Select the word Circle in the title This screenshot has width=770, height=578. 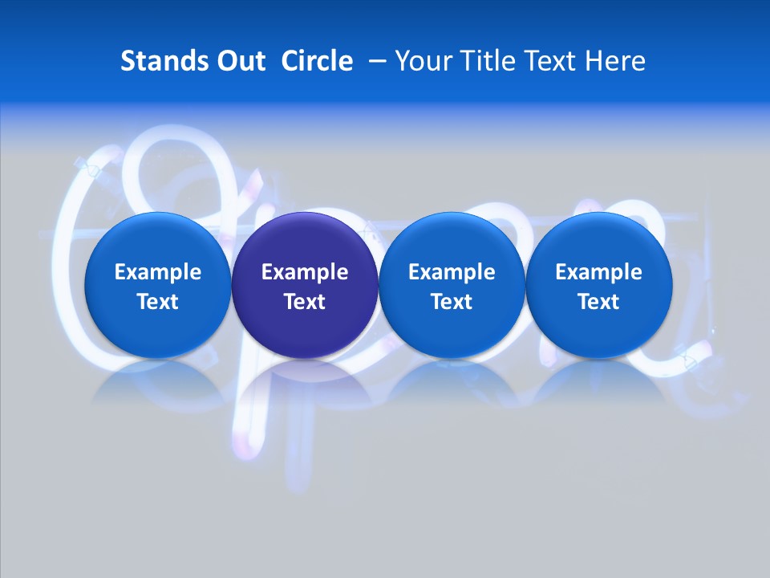(x=317, y=61)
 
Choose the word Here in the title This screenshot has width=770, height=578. (x=615, y=61)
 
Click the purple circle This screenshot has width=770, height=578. (x=305, y=285)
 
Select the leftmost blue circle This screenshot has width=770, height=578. (x=158, y=285)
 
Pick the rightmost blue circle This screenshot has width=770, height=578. (x=599, y=285)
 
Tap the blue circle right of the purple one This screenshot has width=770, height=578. (x=452, y=285)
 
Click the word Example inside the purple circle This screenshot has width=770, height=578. (x=305, y=272)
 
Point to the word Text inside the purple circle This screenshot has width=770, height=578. (x=305, y=302)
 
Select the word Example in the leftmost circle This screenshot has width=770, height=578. (x=158, y=272)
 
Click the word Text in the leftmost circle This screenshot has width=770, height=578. (x=158, y=302)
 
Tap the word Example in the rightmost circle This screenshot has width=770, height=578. (x=599, y=272)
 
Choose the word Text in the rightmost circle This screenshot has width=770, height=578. (x=599, y=302)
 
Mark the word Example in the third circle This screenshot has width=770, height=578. (x=452, y=272)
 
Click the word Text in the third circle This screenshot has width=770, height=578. (x=452, y=302)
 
